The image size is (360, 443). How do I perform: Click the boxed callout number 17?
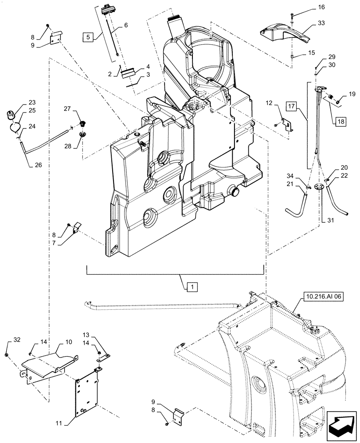pos(303,107)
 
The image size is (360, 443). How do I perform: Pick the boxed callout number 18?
pos(340,122)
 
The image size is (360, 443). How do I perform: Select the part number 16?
pos(309,7)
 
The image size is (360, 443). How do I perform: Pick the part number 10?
pos(68,342)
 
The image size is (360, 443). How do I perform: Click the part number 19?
pos(352,94)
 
